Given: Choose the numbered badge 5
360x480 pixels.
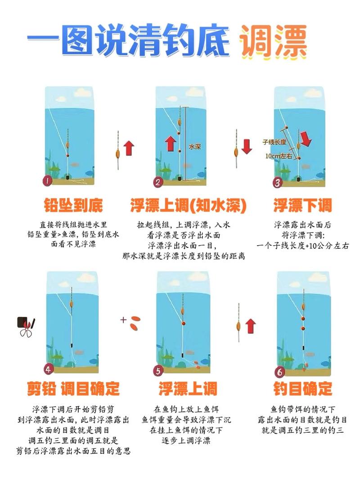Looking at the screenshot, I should [158, 371].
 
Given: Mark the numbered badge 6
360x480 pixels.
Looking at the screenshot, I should [280, 372].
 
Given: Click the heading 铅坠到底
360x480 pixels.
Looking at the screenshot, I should [73, 206].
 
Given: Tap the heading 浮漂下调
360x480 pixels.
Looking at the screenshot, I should [302, 206].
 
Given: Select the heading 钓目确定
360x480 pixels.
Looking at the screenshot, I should [302, 388].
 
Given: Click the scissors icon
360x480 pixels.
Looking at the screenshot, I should [26, 327].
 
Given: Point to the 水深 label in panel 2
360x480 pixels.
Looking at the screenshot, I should [194, 147].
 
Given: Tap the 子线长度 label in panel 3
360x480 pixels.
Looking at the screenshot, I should [274, 142].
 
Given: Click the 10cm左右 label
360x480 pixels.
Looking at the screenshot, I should [279, 156].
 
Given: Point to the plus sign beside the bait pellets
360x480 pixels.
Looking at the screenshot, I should [123, 320].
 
